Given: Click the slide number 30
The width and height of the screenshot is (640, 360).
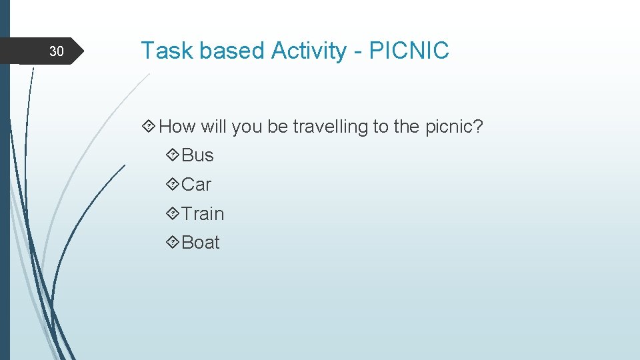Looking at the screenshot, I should coord(57,51).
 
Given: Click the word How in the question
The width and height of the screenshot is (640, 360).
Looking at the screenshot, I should coord(177,126).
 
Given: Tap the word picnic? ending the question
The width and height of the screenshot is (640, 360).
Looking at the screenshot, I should coord(453,126).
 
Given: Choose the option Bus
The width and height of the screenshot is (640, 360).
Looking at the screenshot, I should coord(197,155).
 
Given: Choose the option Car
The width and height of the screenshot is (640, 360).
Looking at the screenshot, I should coord(196,185).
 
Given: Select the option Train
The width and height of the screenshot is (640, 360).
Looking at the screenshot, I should coord(203,214).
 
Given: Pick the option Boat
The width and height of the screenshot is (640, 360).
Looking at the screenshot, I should coord(200,243).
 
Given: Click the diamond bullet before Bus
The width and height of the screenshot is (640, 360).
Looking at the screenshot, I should coord(172,155).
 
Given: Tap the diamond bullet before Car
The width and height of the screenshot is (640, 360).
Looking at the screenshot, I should coord(172,185).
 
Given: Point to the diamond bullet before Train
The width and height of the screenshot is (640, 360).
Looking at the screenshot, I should coord(172,214).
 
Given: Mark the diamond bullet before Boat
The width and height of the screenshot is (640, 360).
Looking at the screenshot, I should coord(172,243).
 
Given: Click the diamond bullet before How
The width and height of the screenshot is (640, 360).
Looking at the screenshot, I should coord(149,126).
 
